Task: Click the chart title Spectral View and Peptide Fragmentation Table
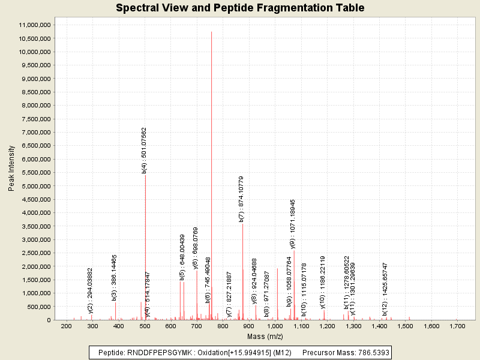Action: click(240, 8)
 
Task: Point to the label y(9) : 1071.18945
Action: click(293, 224)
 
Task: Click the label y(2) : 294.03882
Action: click(91, 290)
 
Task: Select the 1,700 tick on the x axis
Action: click(457, 326)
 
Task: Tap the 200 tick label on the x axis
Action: click(66, 326)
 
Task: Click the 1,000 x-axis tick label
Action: click(274, 326)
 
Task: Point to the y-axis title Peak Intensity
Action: click(11, 169)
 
